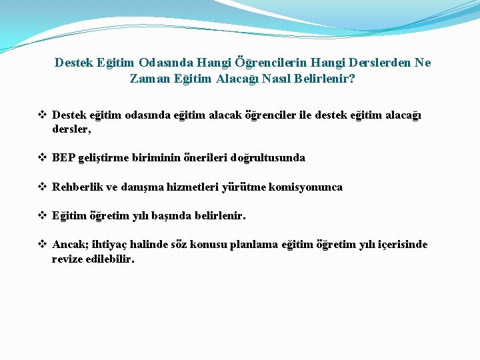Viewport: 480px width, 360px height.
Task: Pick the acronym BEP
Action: pos(64,158)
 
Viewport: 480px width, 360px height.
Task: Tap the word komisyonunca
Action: pos(306,187)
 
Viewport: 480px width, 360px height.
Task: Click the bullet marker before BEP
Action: pos(42,158)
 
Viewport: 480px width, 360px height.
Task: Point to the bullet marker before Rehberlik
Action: pos(42,187)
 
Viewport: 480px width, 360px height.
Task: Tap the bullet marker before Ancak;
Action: pos(42,245)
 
